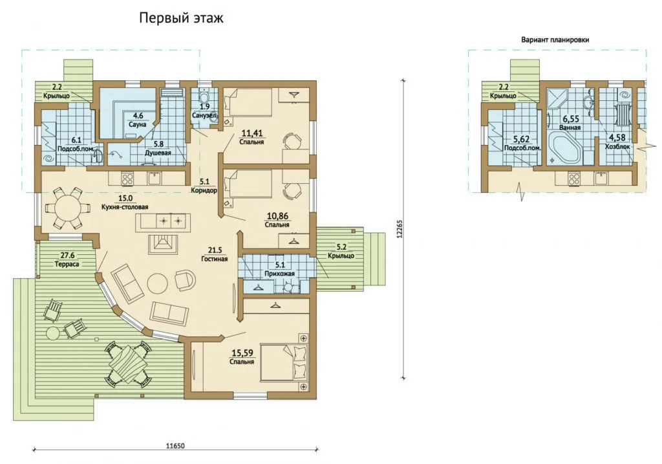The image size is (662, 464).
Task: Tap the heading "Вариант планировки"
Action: [x=555, y=39]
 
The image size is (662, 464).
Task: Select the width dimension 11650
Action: [x=175, y=446]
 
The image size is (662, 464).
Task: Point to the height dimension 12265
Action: [x=400, y=228]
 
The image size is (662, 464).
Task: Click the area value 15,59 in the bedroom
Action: [x=242, y=353]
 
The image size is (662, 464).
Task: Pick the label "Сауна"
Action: [x=138, y=125]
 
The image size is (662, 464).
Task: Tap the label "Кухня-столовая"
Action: [x=125, y=207]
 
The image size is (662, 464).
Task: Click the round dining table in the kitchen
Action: [x=67, y=208]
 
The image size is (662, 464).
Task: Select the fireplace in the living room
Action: [x=162, y=244]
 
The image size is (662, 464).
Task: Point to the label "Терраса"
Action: [x=67, y=264]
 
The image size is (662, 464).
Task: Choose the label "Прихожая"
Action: [x=279, y=273]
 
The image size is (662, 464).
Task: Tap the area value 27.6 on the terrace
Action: [x=67, y=255]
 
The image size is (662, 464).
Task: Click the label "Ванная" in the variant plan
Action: [x=570, y=127]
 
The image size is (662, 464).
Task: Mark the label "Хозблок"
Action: [x=617, y=147]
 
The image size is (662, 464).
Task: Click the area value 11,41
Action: [x=252, y=133]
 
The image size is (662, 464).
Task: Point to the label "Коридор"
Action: [x=204, y=190]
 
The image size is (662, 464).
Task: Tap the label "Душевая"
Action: [x=158, y=153]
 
